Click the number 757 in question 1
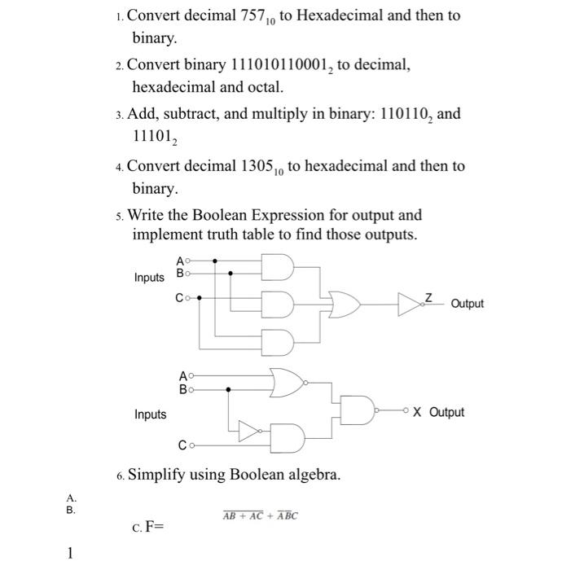[244, 15]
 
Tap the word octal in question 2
[263, 86]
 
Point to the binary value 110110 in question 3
[398, 113]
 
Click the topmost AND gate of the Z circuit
[278, 266]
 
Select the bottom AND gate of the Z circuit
[278, 340]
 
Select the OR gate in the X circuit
[288, 382]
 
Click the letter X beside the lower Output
[417, 412]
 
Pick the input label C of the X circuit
[183, 445]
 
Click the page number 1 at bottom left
[70, 554]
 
